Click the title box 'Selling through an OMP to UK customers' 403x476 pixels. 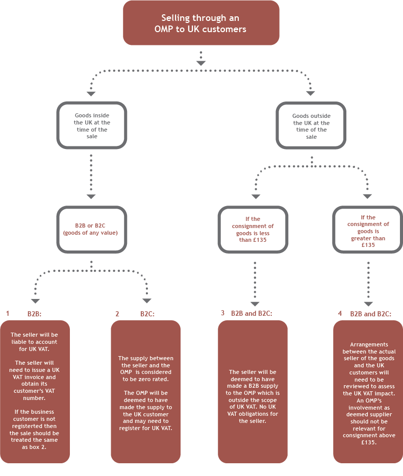click(x=201, y=23)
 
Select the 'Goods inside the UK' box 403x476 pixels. click(x=92, y=126)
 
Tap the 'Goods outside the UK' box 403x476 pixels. click(x=311, y=126)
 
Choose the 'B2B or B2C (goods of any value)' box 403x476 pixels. click(x=92, y=229)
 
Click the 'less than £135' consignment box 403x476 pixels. click(x=253, y=229)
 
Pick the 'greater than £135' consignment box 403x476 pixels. click(x=367, y=229)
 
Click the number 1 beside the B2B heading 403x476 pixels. click(x=8, y=314)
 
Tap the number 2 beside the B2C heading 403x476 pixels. click(x=117, y=314)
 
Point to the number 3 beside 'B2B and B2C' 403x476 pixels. click(x=223, y=313)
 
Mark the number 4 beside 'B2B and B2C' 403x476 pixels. click(x=340, y=313)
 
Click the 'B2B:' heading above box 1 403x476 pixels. click(x=34, y=314)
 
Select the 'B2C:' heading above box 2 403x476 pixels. click(x=147, y=314)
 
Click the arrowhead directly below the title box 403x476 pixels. click(x=201, y=63)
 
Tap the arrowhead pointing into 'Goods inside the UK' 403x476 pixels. click(x=91, y=93)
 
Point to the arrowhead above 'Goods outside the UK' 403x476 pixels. click(x=310, y=93)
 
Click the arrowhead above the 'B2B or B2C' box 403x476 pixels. click(x=91, y=196)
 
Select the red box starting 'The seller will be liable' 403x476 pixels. click(x=35, y=391)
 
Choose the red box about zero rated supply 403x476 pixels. click(x=145, y=391)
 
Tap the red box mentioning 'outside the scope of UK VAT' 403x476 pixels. click(x=253, y=391)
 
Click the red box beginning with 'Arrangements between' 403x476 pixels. click(x=368, y=391)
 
